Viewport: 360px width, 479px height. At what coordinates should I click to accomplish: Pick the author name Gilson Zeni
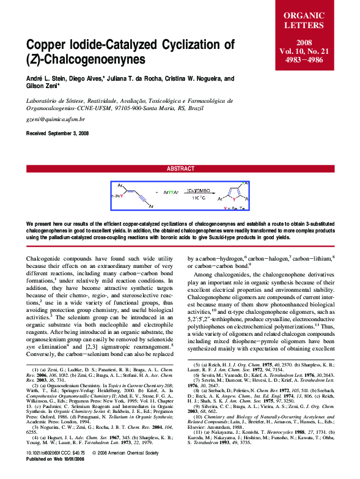pos(45,87)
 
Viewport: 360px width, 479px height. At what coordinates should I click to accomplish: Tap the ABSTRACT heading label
pos(180,168)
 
